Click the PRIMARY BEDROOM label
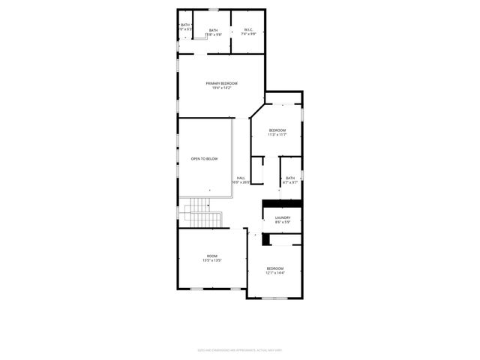click(221, 82)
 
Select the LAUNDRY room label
click(282, 217)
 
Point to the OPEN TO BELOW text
click(204, 159)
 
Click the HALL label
click(241, 178)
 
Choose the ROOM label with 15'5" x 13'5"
click(212, 256)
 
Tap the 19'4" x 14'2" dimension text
click(221, 88)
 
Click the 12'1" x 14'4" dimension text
click(275, 273)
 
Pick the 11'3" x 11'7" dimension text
click(277, 136)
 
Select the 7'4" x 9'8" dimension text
click(249, 34)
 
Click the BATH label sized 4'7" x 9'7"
click(290, 178)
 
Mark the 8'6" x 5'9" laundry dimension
click(282, 221)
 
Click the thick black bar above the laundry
click(282, 202)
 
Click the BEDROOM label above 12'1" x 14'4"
click(275, 268)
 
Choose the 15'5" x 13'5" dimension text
click(212, 261)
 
